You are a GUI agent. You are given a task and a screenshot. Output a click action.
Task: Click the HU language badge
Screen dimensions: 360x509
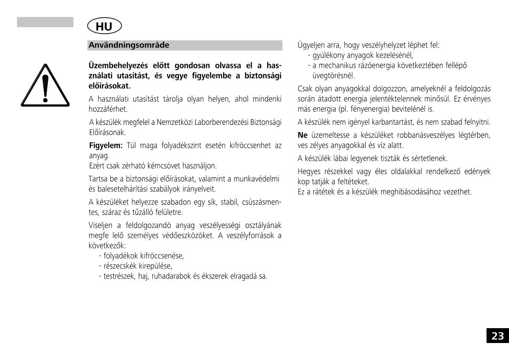104,26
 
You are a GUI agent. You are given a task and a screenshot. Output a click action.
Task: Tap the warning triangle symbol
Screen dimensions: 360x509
45,85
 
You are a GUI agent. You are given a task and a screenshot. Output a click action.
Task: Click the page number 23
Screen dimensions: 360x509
498,336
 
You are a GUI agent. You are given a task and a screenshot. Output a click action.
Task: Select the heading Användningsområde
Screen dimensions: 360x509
129,45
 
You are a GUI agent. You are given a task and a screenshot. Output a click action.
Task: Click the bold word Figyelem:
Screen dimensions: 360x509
106,146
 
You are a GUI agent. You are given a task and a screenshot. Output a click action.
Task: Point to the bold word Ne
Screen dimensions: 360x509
302,135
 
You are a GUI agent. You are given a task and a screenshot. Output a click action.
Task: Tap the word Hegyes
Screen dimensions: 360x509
309,172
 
